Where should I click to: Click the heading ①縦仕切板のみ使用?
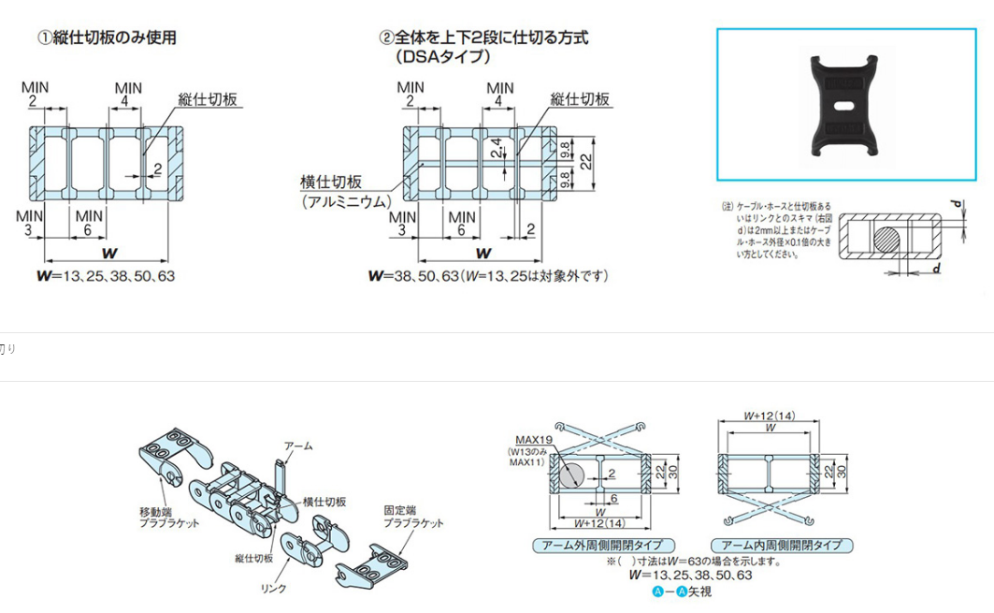click(106, 38)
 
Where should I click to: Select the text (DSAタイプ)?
click(442, 57)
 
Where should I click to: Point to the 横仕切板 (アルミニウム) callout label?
click(343, 192)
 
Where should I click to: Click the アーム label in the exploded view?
click(297, 446)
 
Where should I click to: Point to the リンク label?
click(273, 589)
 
